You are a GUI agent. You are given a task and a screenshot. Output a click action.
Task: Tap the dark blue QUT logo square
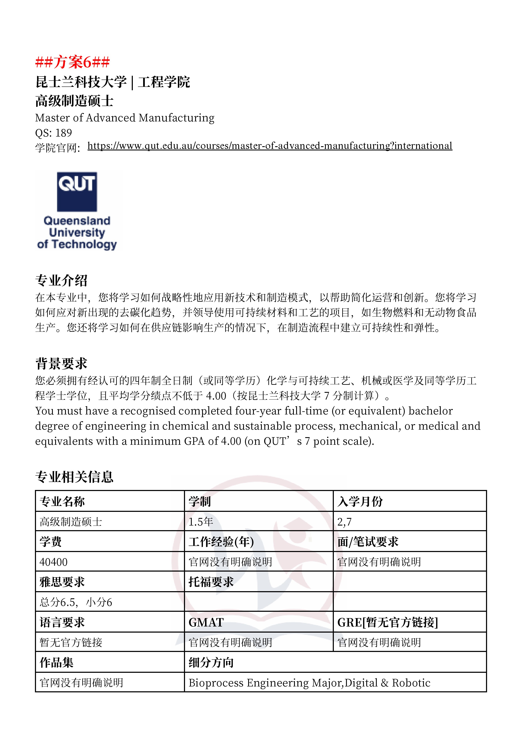(77, 192)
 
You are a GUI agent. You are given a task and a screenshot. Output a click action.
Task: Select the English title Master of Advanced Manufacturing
(125, 118)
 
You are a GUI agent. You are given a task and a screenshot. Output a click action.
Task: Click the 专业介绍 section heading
(61, 280)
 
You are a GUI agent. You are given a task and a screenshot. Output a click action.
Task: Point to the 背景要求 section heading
(61, 364)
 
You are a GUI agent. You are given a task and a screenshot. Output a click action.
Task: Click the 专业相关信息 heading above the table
(74, 477)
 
